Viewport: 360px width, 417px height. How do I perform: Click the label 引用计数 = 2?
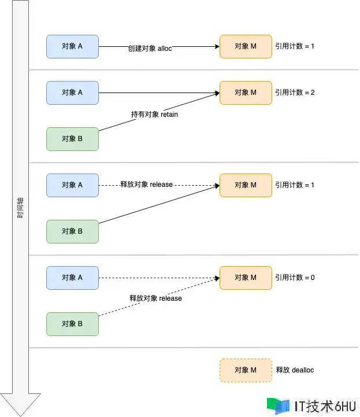click(294, 93)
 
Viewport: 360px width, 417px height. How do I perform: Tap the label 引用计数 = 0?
click(294, 278)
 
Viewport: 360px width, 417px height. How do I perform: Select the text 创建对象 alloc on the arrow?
click(150, 49)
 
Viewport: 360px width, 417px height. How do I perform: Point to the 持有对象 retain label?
click(154, 115)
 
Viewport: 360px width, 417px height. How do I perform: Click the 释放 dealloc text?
click(295, 370)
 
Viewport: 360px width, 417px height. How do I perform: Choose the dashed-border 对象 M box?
click(246, 370)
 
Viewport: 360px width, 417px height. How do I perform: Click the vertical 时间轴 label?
click(20, 208)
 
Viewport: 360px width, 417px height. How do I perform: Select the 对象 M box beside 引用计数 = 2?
click(246, 93)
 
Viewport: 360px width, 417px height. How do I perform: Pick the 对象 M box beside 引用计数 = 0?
click(246, 278)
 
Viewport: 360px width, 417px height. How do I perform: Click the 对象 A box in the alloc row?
click(72, 46)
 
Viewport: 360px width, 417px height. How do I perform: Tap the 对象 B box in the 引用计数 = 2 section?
click(72, 139)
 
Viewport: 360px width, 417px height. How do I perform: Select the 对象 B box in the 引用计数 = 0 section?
click(72, 324)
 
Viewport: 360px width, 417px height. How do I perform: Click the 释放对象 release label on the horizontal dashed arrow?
click(146, 184)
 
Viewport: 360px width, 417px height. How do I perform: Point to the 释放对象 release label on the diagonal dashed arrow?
click(155, 298)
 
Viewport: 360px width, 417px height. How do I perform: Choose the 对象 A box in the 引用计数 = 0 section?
click(72, 278)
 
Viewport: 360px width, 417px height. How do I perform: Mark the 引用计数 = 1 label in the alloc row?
click(294, 46)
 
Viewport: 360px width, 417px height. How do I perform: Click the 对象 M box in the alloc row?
click(246, 46)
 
